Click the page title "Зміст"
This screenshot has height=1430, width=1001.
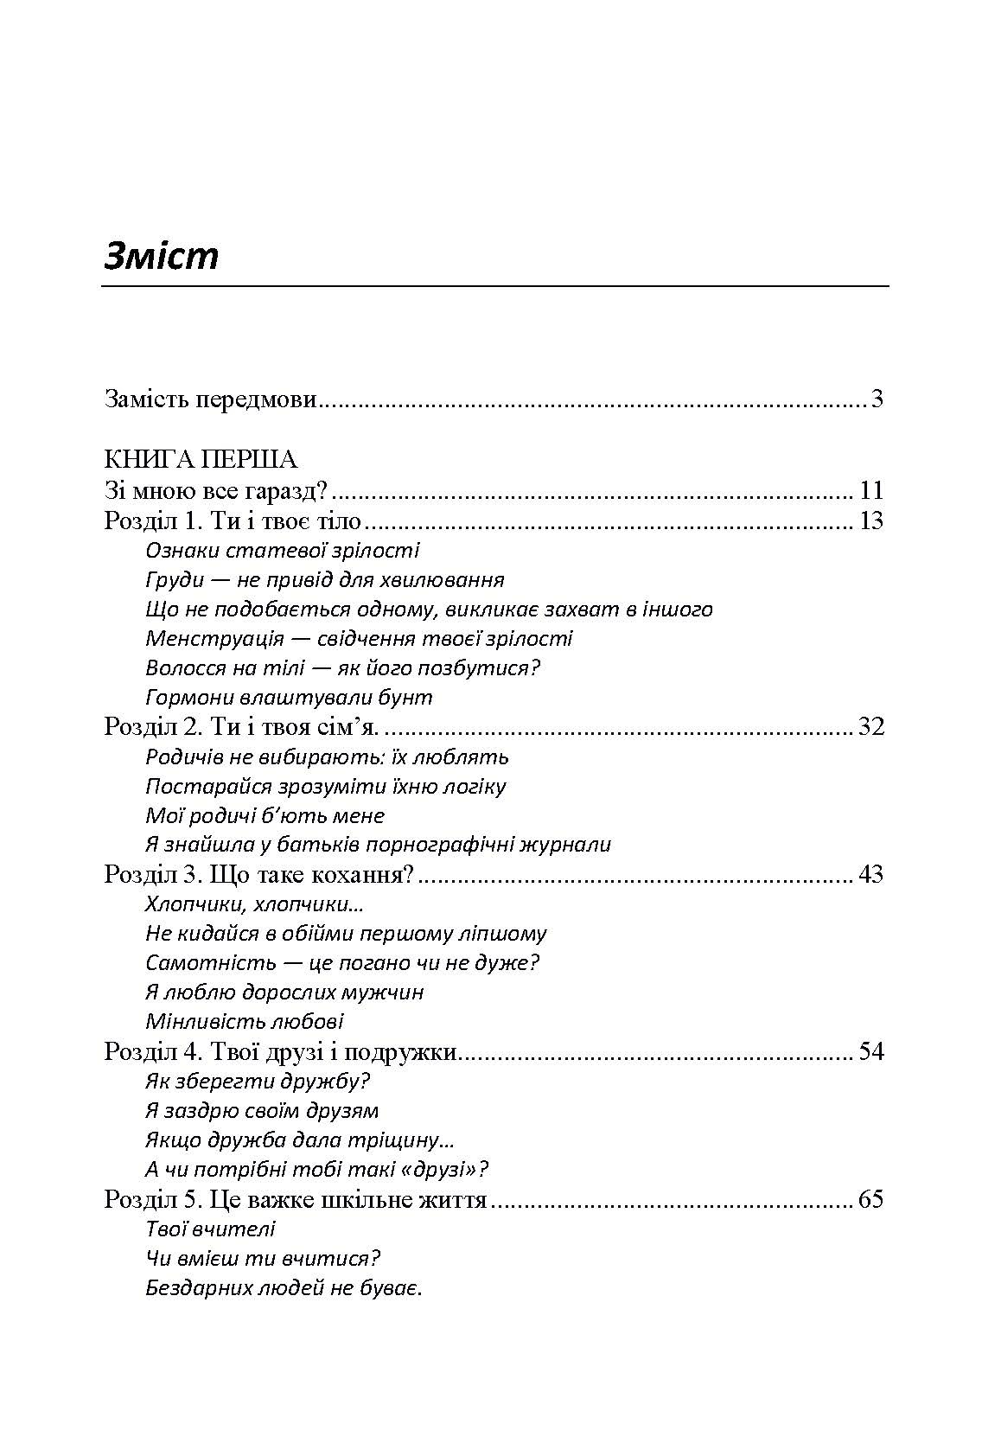click(x=162, y=257)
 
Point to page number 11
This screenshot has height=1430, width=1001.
click(x=871, y=491)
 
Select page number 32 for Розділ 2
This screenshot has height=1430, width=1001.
click(x=870, y=726)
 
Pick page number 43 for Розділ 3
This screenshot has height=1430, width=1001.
click(x=870, y=874)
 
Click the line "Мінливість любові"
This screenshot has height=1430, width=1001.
click(x=245, y=1022)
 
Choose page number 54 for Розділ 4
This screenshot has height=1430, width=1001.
click(x=870, y=1051)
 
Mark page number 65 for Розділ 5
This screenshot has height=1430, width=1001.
click(x=870, y=1199)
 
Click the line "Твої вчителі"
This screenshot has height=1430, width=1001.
click(x=211, y=1229)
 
